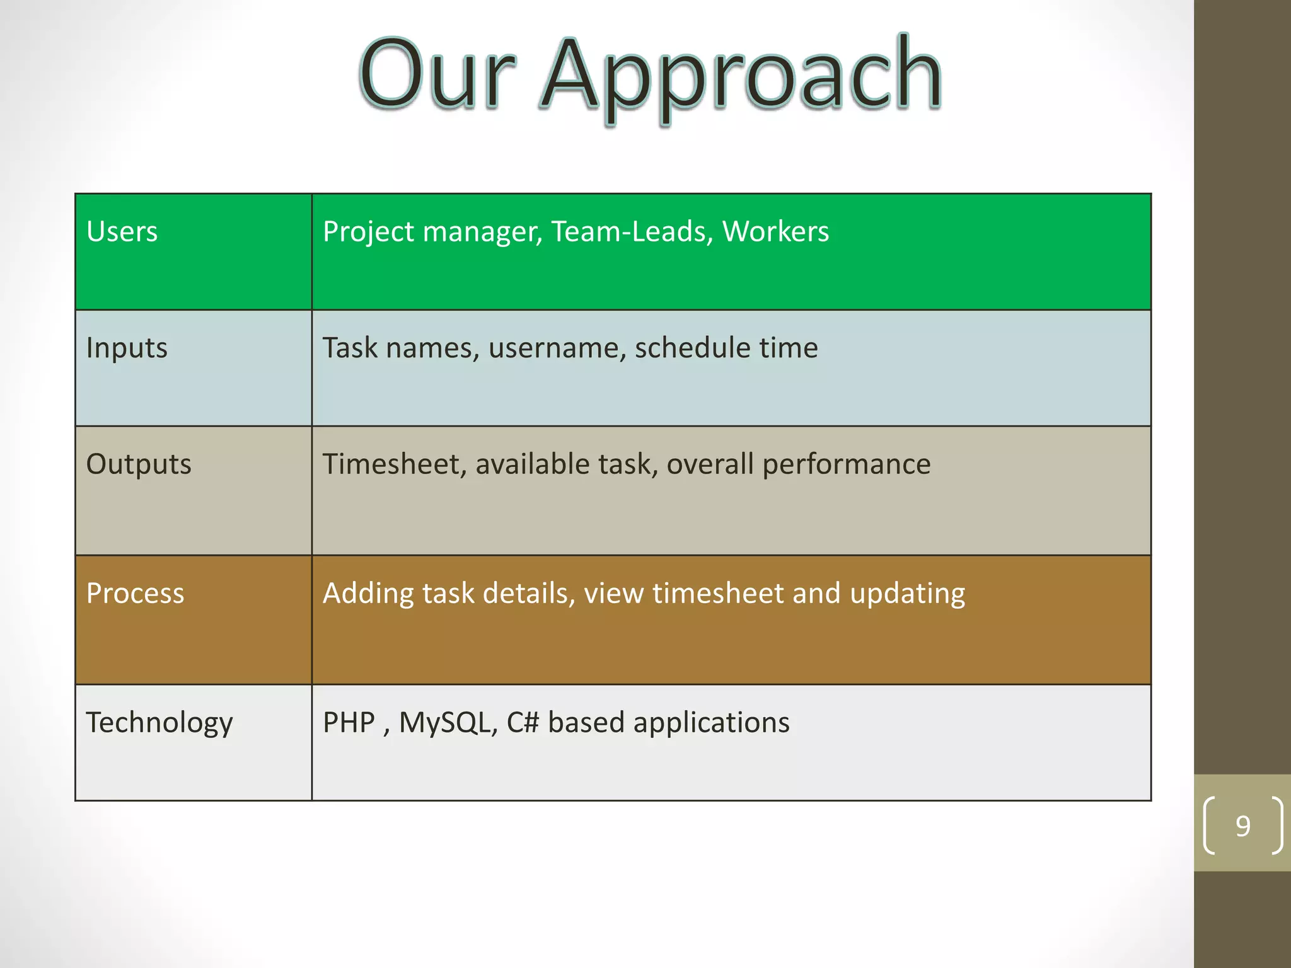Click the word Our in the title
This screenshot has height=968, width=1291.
coord(437,74)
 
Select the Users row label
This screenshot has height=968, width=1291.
coord(122,232)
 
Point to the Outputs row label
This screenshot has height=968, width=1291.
coord(139,464)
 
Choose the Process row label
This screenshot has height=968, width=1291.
coord(135,594)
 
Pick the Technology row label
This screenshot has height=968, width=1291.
coord(159,723)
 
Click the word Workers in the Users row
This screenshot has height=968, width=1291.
coord(775,232)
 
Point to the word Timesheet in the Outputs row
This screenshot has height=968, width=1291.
coord(395,464)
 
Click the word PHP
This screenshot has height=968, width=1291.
coord(349,723)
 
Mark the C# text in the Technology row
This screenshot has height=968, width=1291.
coord(523,723)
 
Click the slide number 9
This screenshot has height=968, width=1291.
coord(1242,826)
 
